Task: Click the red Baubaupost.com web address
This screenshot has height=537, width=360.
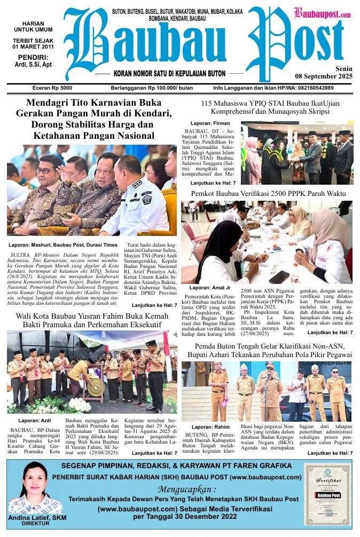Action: click(322, 14)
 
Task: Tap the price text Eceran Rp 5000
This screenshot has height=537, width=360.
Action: click(52, 88)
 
